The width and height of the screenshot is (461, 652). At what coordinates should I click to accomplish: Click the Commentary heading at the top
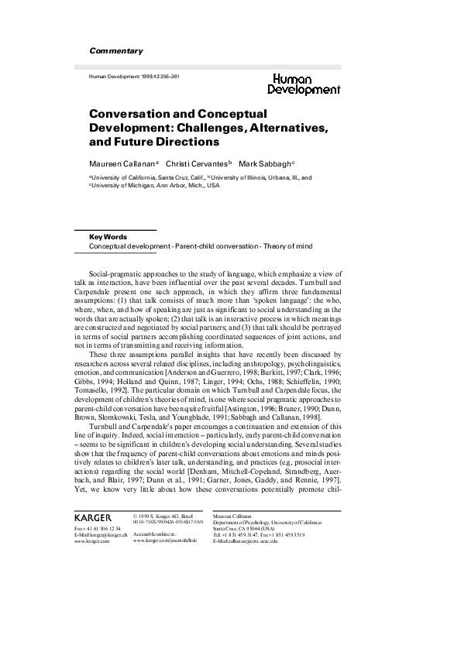[116, 51]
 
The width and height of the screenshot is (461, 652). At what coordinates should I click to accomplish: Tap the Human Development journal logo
[306, 84]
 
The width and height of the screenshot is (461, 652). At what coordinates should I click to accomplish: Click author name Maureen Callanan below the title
[122, 163]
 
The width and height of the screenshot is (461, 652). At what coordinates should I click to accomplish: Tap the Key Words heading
[108, 237]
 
